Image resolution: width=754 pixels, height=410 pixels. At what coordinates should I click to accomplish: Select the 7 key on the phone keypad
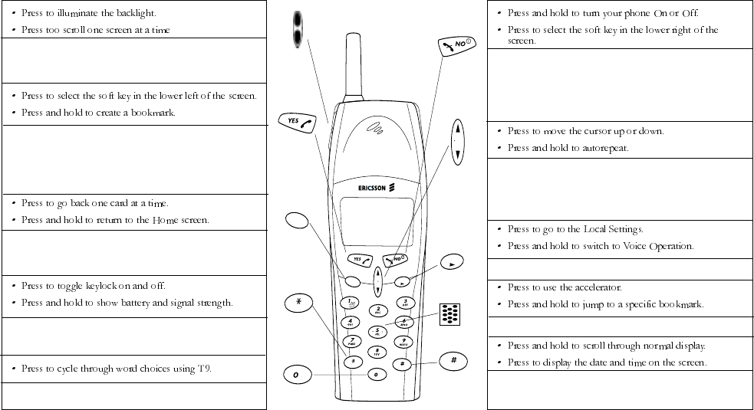(351, 341)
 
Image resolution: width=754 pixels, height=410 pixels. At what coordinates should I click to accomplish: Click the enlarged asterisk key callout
(298, 301)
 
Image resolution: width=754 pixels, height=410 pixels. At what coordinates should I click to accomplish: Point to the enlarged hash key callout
(454, 361)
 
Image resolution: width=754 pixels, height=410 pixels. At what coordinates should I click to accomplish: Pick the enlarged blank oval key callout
(295, 221)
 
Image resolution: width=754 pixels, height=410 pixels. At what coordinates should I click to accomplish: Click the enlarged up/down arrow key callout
(457, 142)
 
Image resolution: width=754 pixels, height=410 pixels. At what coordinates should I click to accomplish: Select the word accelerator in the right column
(594, 287)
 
